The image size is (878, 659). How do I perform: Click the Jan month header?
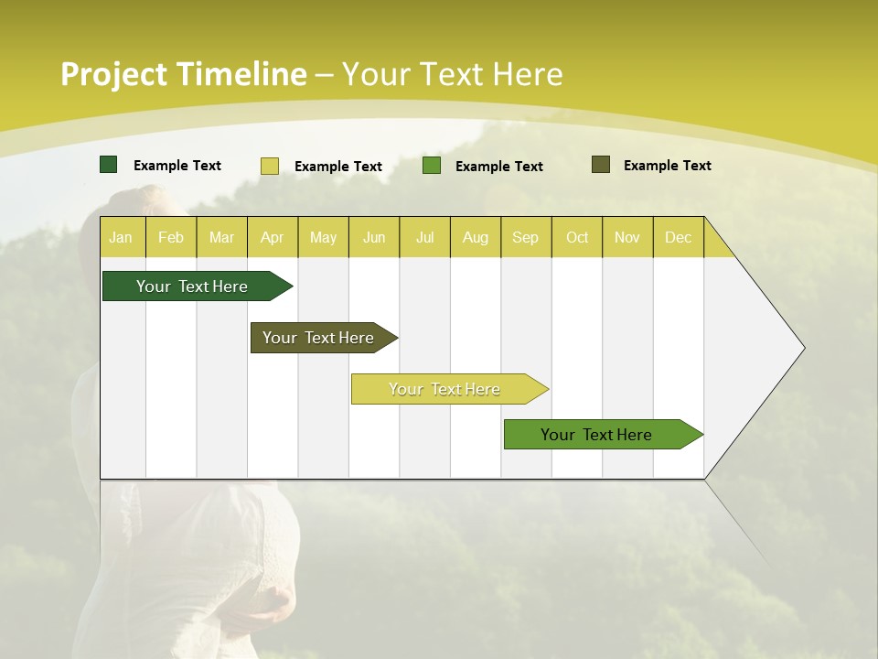[x=121, y=237]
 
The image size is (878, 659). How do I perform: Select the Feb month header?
[x=171, y=237]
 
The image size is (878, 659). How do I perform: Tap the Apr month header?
[x=273, y=237]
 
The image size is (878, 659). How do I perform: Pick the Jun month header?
[x=374, y=237]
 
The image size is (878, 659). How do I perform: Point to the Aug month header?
[x=476, y=237]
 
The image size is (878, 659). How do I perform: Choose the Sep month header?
[x=525, y=237]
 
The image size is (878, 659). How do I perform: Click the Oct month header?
[x=577, y=237]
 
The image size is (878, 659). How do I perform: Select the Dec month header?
[x=678, y=237]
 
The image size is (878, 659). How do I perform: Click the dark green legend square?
[x=109, y=165]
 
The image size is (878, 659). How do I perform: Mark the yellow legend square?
[x=270, y=166]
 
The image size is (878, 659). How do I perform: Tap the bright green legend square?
[x=432, y=166]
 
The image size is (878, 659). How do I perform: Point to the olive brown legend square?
[x=601, y=165]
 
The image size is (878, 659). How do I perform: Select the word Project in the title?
[x=113, y=74]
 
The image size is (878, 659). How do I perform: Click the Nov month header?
[x=627, y=237]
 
